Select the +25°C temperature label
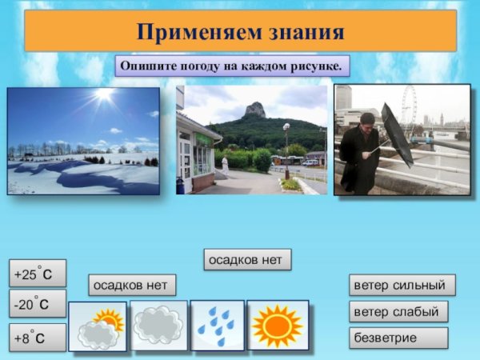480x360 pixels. tap(38, 274)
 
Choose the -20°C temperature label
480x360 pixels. tap(38, 304)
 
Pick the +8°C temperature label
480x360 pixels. tap(38, 337)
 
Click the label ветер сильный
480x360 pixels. tap(402, 285)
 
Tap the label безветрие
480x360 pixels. tap(398, 338)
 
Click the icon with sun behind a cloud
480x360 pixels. tap(98, 326)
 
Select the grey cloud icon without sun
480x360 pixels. tap(159, 326)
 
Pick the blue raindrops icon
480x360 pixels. tap(216, 326)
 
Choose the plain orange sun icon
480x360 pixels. tap(277, 326)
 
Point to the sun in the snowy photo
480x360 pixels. tap(104, 94)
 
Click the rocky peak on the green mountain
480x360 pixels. tap(255, 110)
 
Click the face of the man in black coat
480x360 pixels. tap(366, 122)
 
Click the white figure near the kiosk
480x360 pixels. tap(225, 165)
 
